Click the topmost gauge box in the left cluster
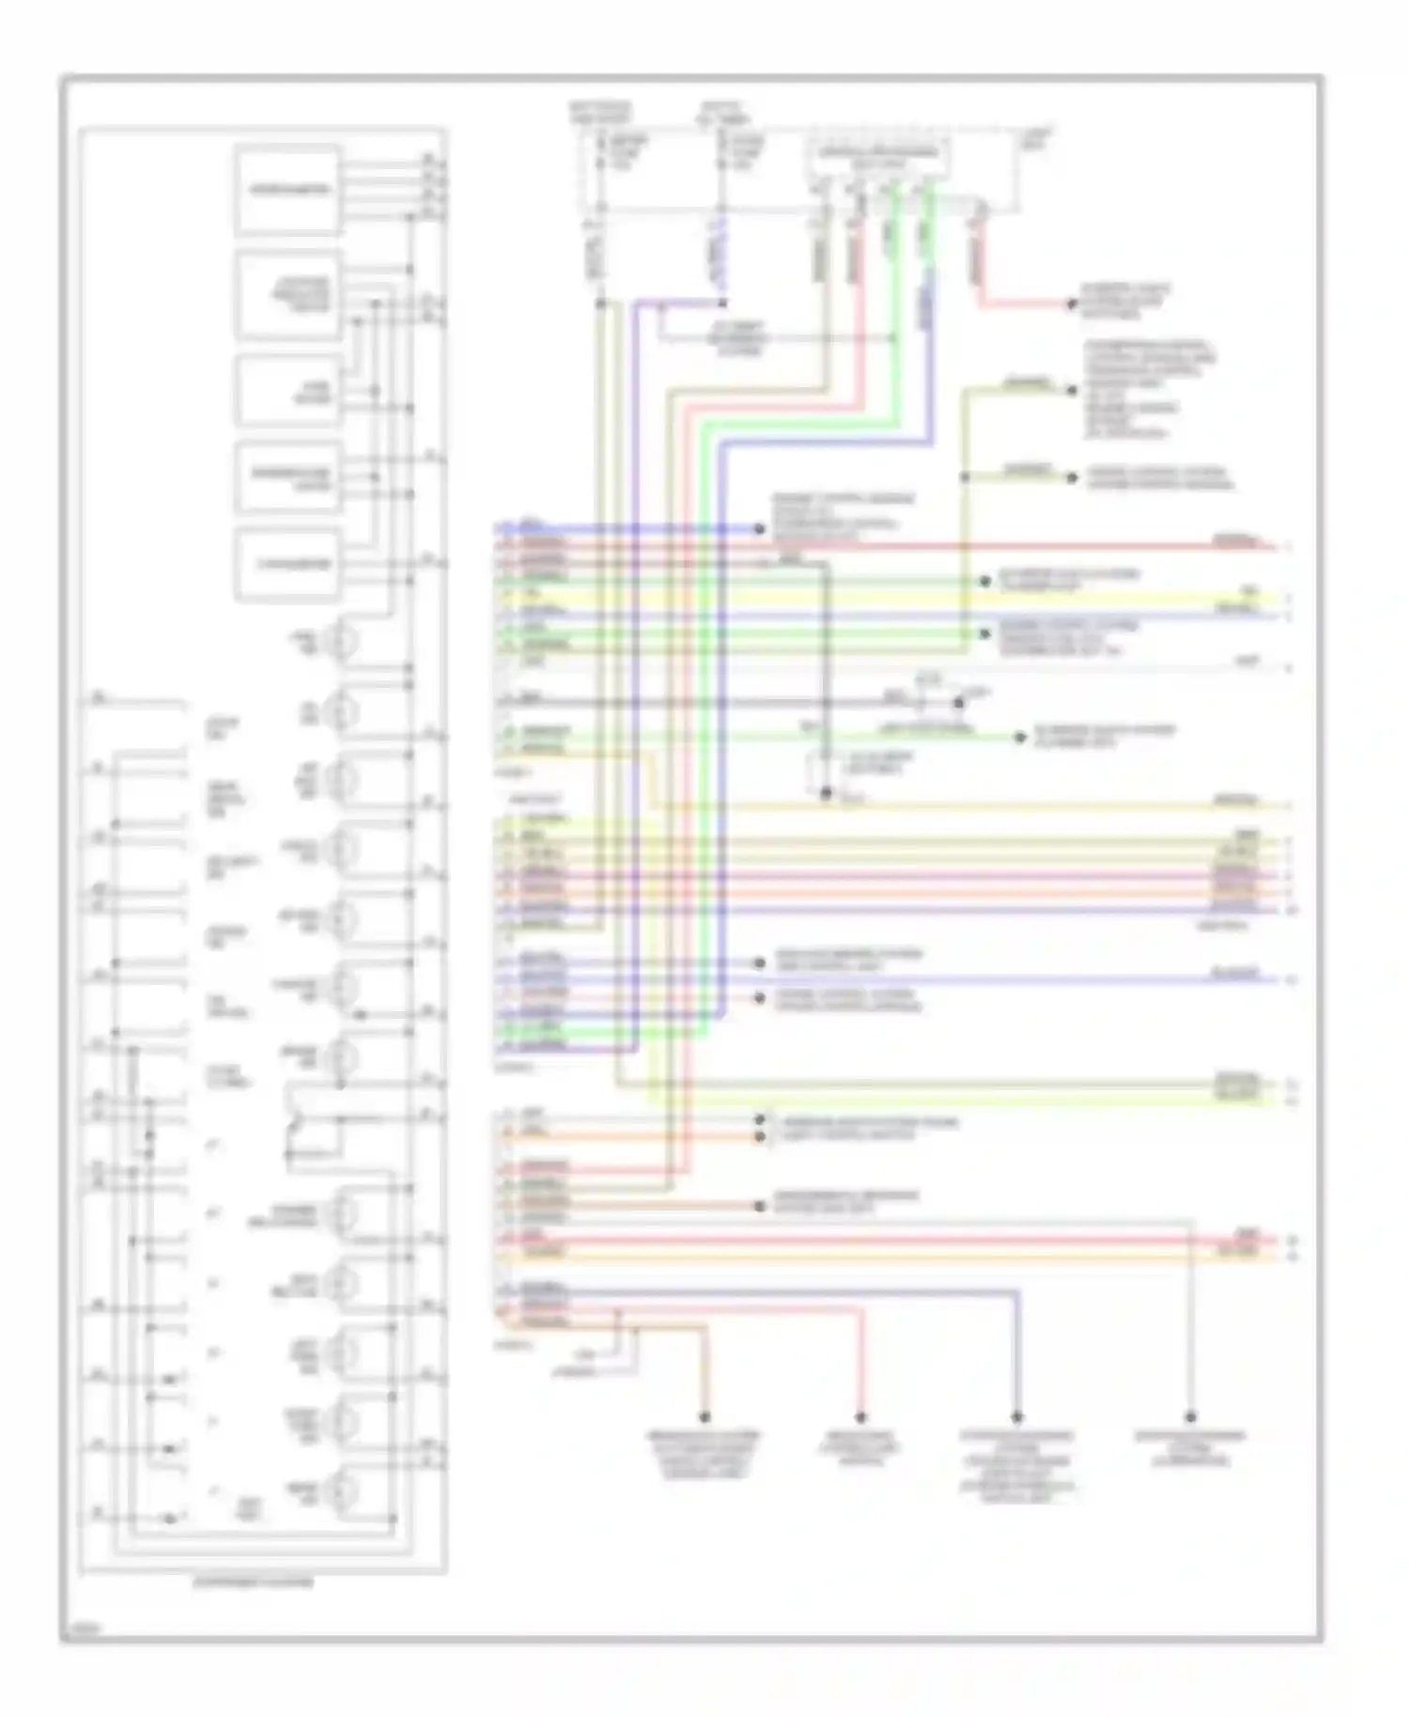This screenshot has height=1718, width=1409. pos(287,189)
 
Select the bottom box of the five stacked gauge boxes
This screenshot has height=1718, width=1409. pos(287,565)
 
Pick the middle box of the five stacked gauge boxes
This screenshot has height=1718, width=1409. pos(287,390)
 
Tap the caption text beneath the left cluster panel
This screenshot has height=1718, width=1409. pos(254,1582)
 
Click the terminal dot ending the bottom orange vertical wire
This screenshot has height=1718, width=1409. pos(704,1416)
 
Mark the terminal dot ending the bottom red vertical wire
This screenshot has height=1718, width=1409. pos(860,1416)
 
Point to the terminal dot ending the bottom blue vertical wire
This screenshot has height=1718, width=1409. pos(1016,1416)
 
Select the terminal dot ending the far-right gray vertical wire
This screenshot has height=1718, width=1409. pos(1190,1416)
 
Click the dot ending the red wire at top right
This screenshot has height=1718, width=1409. pos(1070,305)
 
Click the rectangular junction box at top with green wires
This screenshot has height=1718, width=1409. pos(878,158)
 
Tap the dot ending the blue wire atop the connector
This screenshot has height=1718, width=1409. pos(760,529)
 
